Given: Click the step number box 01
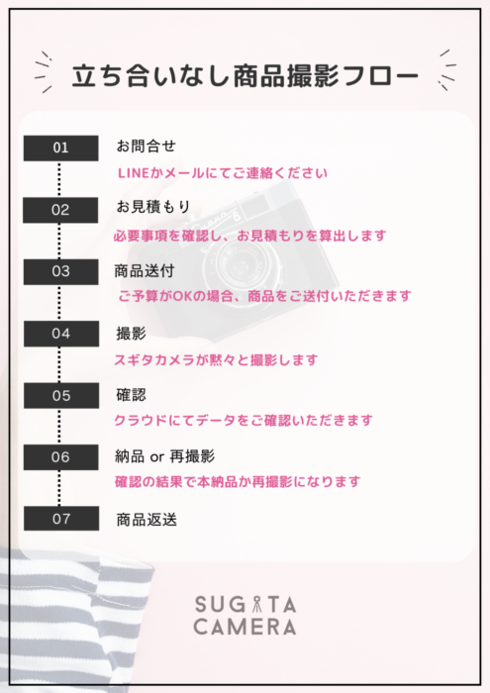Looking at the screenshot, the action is pos(61,148).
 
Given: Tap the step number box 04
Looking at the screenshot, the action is pos(61,334).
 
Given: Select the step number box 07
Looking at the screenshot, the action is pos(61,519).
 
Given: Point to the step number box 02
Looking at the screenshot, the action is pos(60,210).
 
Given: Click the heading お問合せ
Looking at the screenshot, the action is pos(146,146).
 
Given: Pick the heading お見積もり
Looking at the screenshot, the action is pos(152,206).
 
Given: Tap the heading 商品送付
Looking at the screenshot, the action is pos(145,271).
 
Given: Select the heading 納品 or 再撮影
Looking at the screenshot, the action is pos(164,456).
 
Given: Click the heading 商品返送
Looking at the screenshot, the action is pos(147,520).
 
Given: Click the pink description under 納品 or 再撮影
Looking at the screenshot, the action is pos(238,481).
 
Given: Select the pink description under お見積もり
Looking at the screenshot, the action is pos(250,236).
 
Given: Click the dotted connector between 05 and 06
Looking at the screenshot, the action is pos(59,427).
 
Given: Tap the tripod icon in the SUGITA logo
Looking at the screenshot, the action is pos(256,605).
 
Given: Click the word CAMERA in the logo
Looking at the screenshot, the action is pos(245,627).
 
